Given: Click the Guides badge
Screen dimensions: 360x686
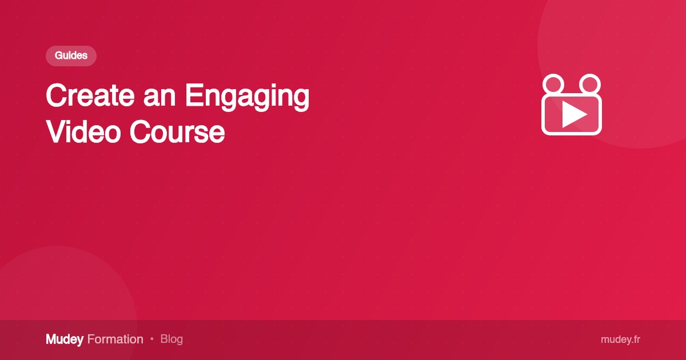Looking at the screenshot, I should pyautogui.click(x=71, y=56).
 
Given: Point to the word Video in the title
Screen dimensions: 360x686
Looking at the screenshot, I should pyautogui.click(x=83, y=132).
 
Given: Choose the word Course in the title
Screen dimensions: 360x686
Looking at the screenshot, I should pyautogui.click(x=177, y=132).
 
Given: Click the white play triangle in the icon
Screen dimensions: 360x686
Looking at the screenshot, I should pyautogui.click(x=573, y=114).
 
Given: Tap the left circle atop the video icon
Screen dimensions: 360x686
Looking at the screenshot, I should pyautogui.click(x=553, y=84).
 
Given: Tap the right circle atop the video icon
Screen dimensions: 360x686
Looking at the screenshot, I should pyautogui.click(x=589, y=84).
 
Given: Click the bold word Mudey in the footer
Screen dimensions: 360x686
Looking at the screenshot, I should pyautogui.click(x=65, y=339).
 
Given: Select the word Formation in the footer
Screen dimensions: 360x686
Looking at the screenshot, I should pyautogui.click(x=115, y=339).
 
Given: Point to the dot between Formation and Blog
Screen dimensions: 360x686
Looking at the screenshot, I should pyautogui.click(x=152, y=339).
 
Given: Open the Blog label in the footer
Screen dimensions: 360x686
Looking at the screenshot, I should pyautogui.click(x=171, y=339).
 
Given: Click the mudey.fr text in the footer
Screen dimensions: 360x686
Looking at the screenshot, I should pyautogui.click(x=620, y=339).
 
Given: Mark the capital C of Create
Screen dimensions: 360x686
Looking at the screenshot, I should pyautogui.click(x=57, y=96).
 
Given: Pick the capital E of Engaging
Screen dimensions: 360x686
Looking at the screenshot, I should pyautogui.click(x=193, y=96).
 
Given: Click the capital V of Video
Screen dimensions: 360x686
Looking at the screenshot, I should pyautogui.click(x=55, y=132).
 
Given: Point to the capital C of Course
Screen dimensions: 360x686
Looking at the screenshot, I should pyautogui.click(x=140, y=132).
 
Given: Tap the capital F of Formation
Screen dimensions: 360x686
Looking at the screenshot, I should pyautogui.click(x=91, y=339).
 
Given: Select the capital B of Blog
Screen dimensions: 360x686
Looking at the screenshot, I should pyautogui.click(x=164, y=339).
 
